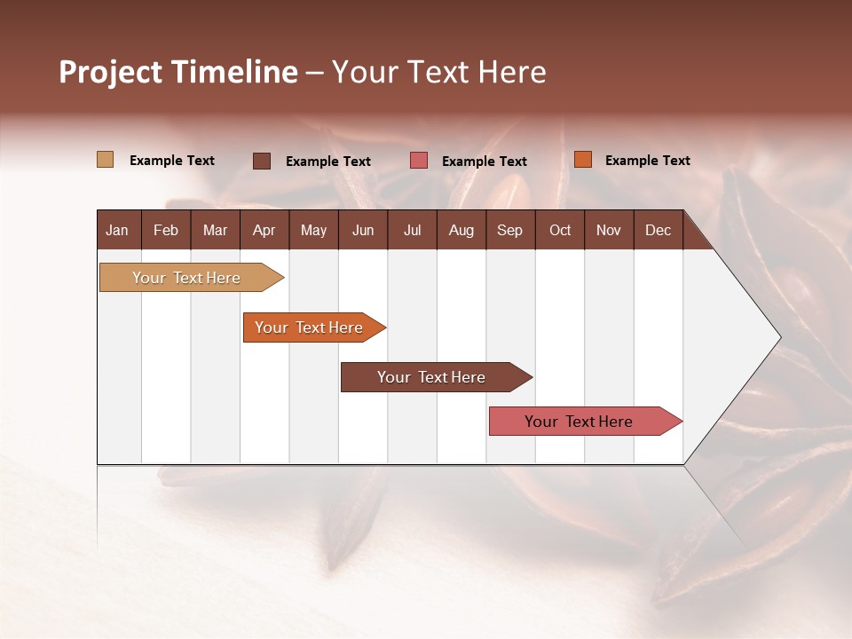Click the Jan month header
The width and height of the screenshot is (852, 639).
click(x=117, y=230)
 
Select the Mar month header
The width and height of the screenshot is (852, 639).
click(x=215, y=230)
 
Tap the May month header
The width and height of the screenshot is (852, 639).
click(x=313, y=230)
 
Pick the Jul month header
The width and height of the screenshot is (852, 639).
click(x=412, y=230)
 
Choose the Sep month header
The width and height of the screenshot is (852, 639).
click(x=509, y=230)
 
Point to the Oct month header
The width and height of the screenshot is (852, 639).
click(x=560, y=230)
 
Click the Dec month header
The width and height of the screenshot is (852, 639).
click(x=658, y=230)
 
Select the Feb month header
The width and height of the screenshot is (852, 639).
click(x=166, y=230)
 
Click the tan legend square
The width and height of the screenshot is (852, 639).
click(x=105, y=160)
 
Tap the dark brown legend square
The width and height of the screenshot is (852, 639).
click(x=262, y=161)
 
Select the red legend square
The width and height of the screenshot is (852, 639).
click(x=419, y=161)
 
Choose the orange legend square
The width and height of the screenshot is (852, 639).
click(x=583, y=160)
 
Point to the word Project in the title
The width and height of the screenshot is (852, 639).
click(x=109, y=72)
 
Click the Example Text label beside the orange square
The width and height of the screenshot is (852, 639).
click(x=647, y=161)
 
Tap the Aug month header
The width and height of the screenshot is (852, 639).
click(x=461, y=230)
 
